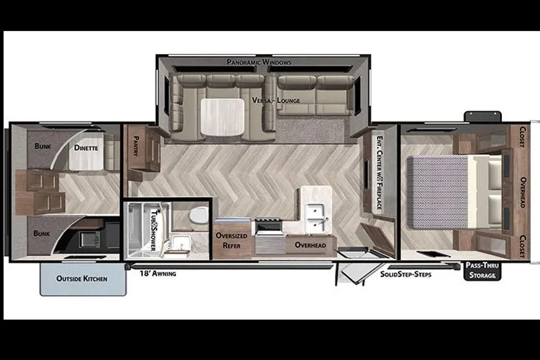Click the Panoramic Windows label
(259, 62)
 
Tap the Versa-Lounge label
(276, 100)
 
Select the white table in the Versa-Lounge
(222, 117)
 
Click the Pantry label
(136, 146)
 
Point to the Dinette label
(86, 148)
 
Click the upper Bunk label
(43, 146)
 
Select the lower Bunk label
(42, 233)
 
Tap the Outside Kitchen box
(83, 279)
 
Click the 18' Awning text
(157, 273)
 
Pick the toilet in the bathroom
(199, 215)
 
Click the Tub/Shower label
(154, 230)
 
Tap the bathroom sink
(182, 243)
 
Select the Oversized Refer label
(231, 240)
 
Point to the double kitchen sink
(315, 218)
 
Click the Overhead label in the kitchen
(310, 245)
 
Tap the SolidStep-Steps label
(406, 274)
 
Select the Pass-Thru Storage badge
(482, 271)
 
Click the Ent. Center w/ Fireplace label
(380, 173)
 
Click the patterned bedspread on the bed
(438, 192)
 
